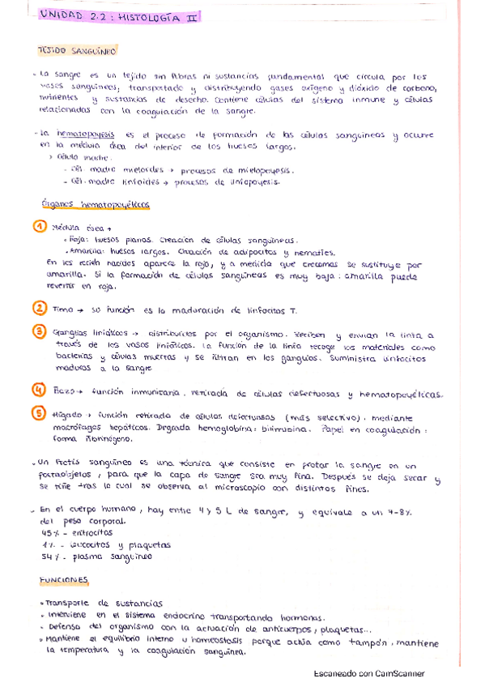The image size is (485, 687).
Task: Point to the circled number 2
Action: [x=39, y=308]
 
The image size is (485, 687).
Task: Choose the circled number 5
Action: [x=39, y=413]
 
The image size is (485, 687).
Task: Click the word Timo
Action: [x=62, y=309]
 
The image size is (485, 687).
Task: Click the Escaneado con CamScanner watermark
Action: [x=368, y=673]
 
